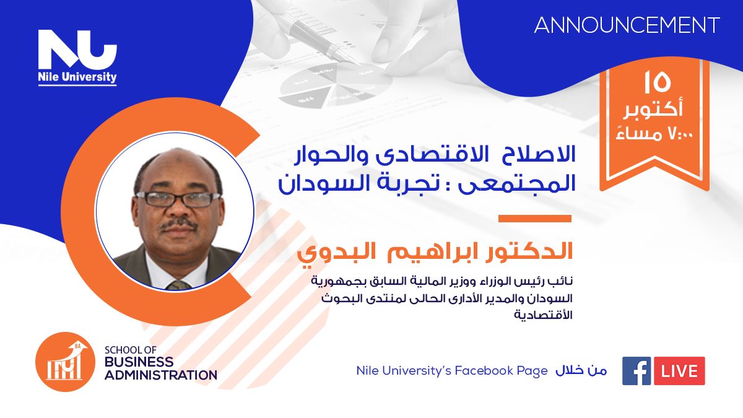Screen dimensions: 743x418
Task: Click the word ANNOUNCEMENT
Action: pyautogui.click(x=627, y=25)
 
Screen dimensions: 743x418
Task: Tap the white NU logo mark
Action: pyautogui.click(x=77, y=50)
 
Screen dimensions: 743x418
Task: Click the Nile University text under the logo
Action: pyautogui.click(x=77, y=77)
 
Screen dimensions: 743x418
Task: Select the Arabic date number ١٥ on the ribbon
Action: pyautogui.click(x=658, y=83)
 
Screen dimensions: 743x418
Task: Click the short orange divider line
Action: pyautogui.click(x=535, y=218)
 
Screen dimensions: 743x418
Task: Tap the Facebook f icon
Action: pyautogui.click(x=637, y=371)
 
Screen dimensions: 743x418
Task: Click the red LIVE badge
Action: pyautogui.click(x=679, y=371)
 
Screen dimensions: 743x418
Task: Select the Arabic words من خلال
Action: pyautogui.click(x=581, y=371)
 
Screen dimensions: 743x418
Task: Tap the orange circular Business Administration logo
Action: pyautogui.click(x=66, y=362)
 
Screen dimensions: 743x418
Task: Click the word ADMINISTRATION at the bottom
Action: pyautogui.click(x=161, y=375)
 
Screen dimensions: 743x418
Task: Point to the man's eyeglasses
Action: pyautogui.click(x=178, y=199)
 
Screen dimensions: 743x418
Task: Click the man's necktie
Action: pyautogui.click(x=179, y=285)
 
